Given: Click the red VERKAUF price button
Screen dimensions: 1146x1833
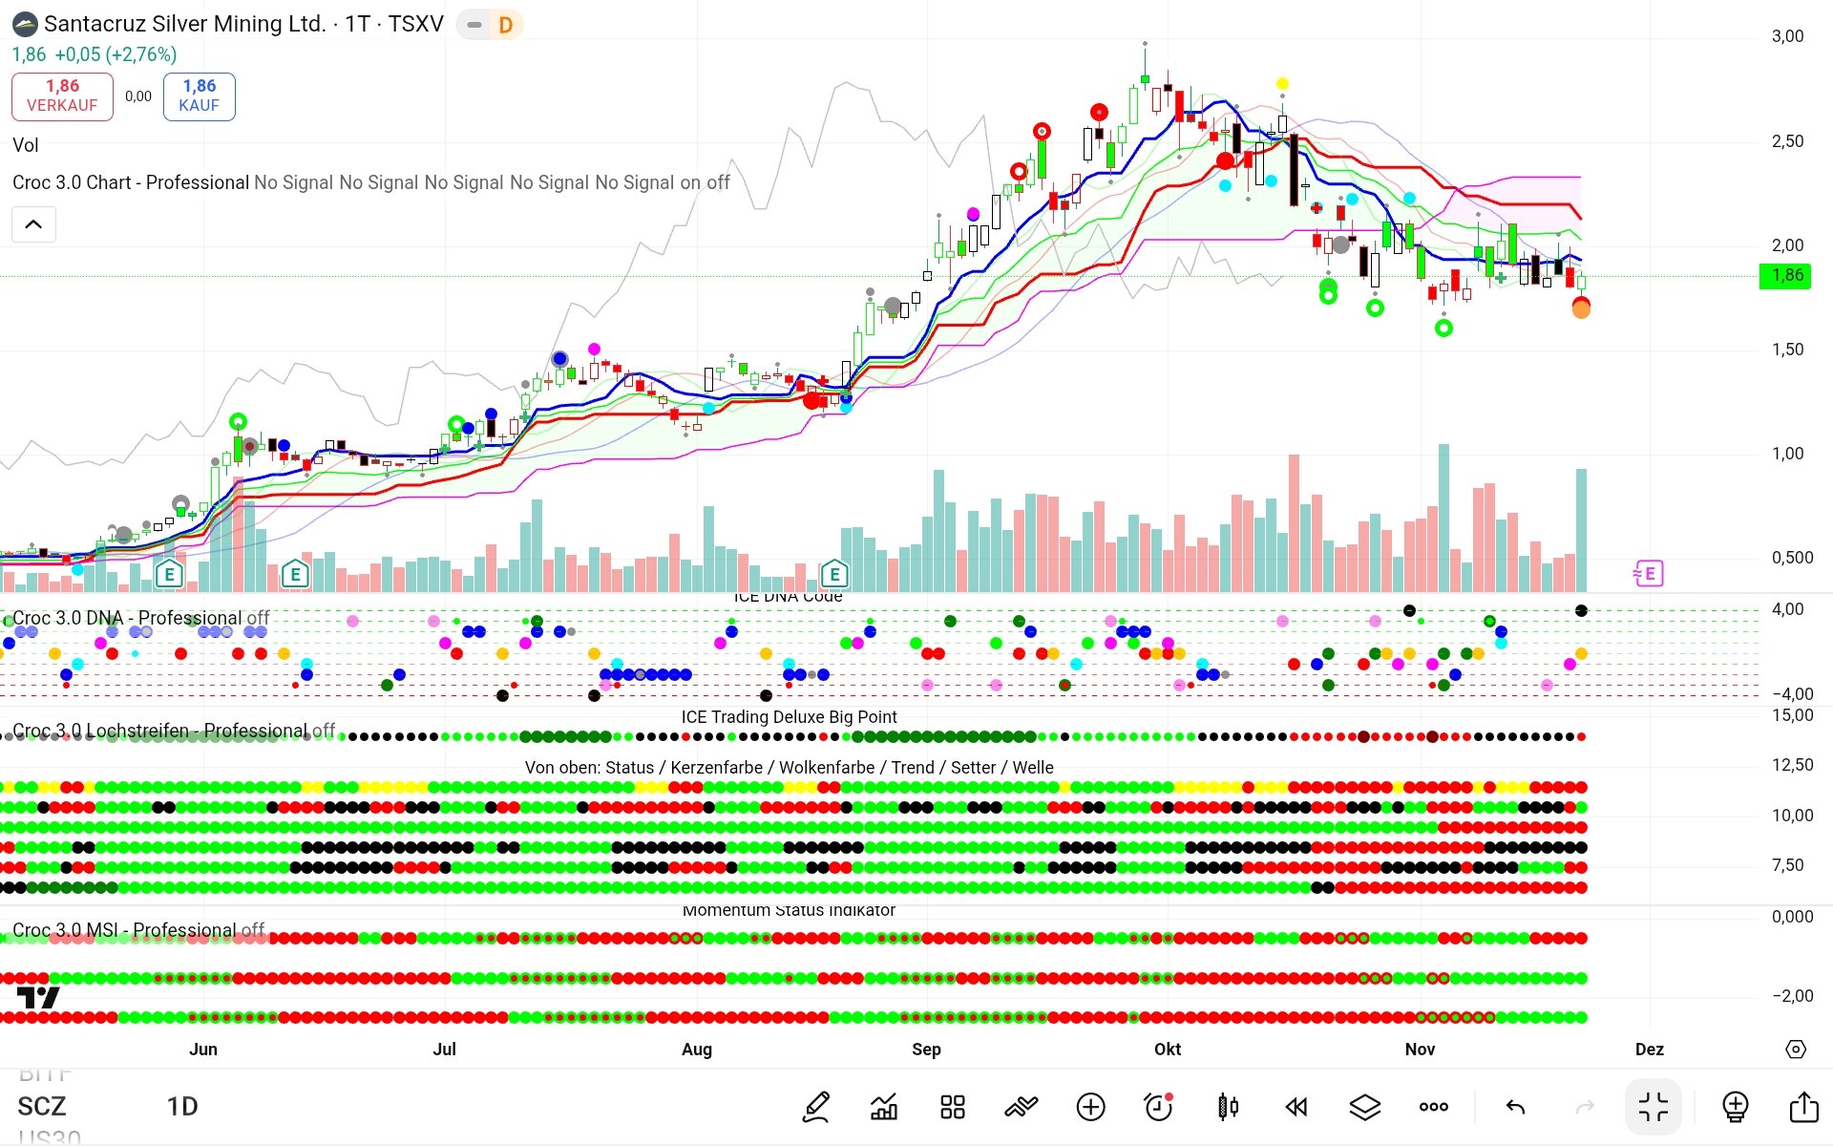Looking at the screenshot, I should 62,95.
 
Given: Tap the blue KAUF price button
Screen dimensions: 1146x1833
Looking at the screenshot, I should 199,95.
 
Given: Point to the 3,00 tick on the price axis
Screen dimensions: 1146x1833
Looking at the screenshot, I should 1787,36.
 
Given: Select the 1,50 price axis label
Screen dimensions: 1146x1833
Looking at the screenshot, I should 1787,350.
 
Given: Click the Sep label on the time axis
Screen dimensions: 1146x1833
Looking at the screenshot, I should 926,1049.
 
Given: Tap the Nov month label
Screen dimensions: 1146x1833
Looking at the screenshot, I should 1420,1049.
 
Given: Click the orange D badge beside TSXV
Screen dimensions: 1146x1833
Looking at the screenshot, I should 505,25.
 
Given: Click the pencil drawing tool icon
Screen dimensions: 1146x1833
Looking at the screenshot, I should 816,1107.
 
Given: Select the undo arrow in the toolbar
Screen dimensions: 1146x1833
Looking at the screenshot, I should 1515,1107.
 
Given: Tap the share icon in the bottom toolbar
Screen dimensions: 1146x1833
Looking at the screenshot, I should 1803,1107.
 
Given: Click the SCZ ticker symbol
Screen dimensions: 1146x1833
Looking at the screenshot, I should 42,1107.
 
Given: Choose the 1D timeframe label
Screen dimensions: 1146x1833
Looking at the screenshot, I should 182,1107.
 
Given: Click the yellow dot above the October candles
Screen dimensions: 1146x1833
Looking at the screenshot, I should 1282,84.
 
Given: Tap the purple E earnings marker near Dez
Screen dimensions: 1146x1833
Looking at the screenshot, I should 1649,573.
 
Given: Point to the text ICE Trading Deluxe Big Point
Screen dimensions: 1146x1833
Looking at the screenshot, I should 789,717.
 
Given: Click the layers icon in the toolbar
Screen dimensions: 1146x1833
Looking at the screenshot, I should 1365,1107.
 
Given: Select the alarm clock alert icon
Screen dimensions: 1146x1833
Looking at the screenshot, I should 1158,1107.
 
